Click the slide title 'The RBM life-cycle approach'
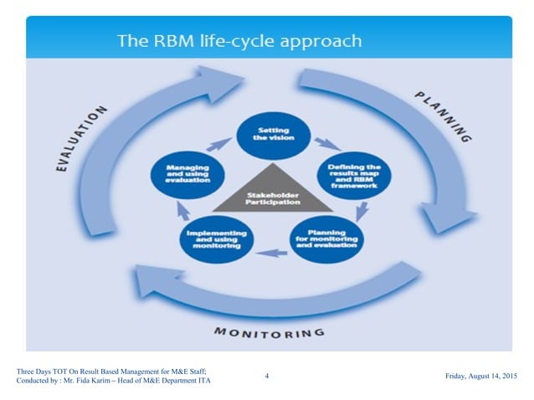pos(239,40)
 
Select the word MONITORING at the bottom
pos(269,332)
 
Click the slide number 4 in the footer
pos(266,377)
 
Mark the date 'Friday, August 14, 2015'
pos(481,377)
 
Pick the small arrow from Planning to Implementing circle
pos(268,252)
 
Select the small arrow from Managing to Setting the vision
pos(218,144)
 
